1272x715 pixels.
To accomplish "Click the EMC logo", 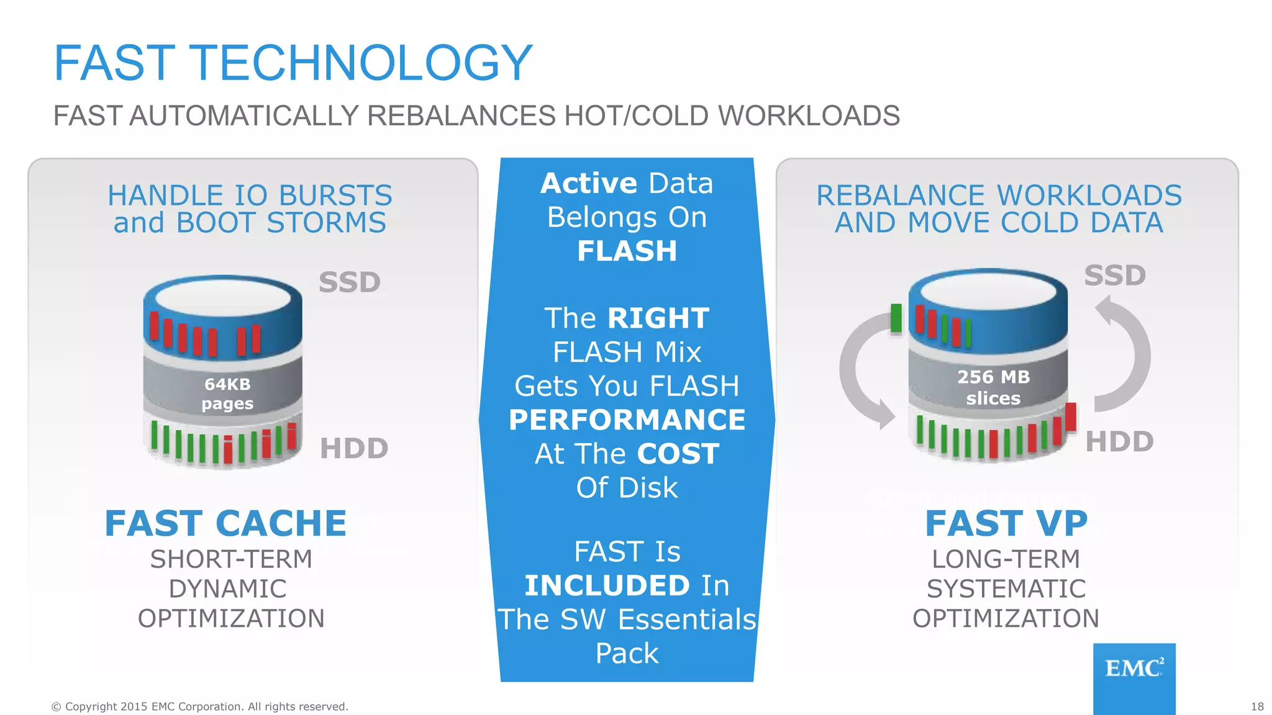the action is [1133, 669].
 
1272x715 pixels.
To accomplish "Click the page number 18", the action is [1257, 706].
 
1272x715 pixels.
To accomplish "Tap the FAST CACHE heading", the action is [225, 523].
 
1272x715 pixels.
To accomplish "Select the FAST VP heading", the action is [1006, 523].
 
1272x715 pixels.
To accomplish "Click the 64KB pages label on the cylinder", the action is [227, 393].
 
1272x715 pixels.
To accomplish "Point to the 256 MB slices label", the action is [993, 387].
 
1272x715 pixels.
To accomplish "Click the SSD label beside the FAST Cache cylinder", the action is [349, 282].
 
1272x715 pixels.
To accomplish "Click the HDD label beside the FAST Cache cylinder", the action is [354, 448].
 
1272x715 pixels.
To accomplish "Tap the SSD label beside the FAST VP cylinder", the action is [1115, 276].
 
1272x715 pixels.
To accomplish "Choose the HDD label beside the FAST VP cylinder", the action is [1119, 442].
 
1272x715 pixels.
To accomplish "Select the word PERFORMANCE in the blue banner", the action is [627, 420].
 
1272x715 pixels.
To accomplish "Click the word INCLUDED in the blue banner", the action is [607, 585].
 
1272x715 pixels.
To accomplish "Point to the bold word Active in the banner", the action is [589, 183].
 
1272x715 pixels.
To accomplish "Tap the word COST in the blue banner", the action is [678, 454].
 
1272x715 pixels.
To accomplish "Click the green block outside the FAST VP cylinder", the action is [896, 318].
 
